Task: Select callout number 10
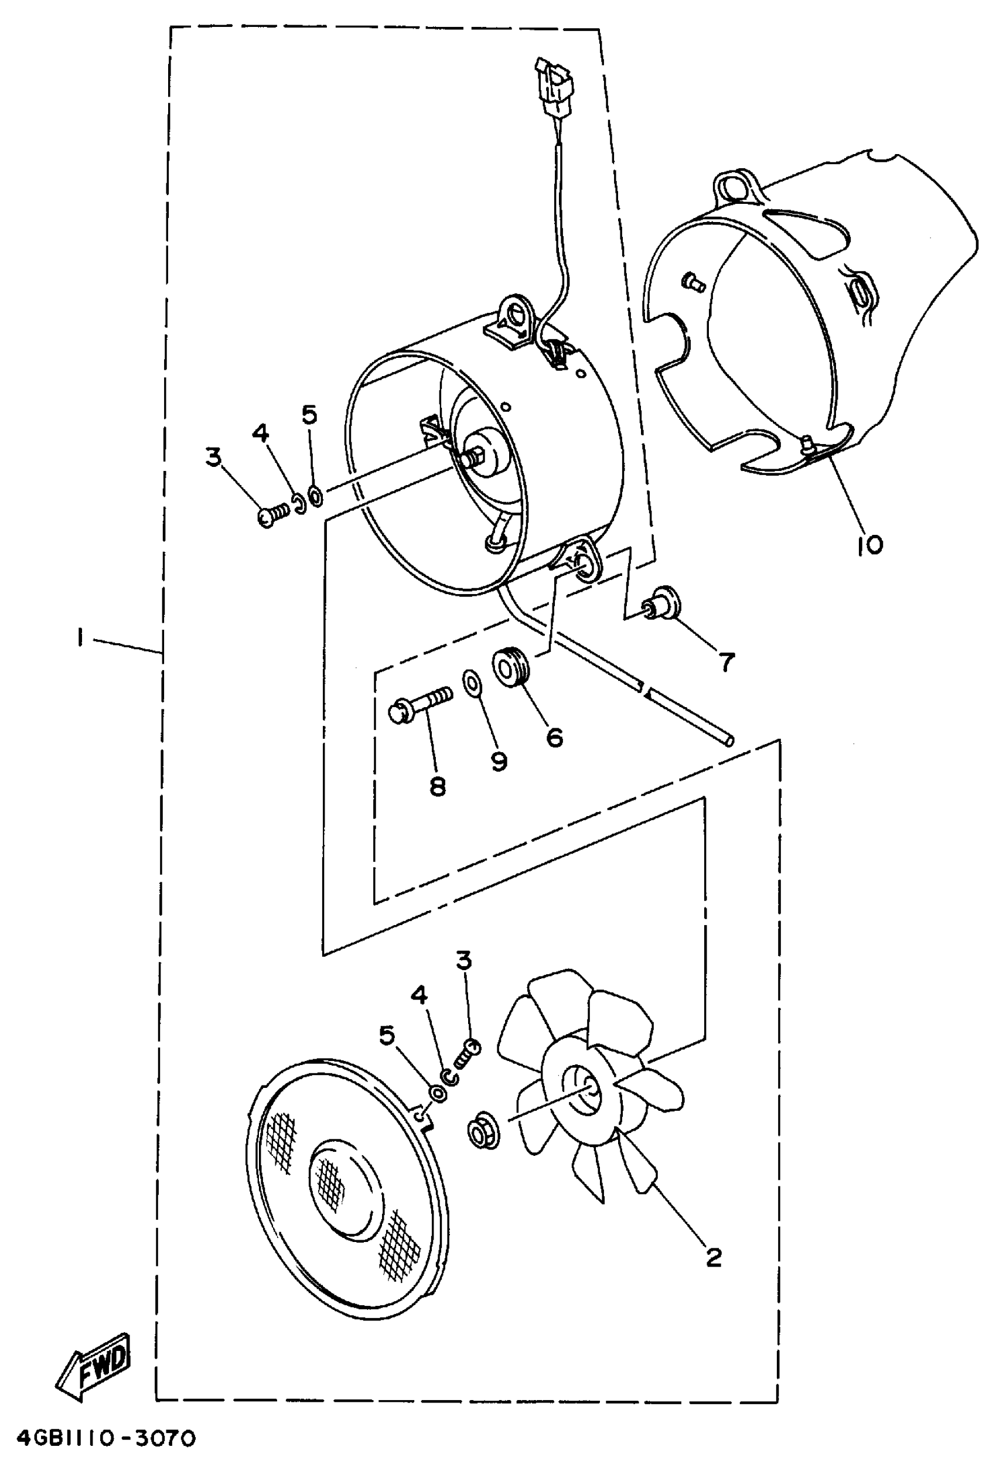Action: [869, 544]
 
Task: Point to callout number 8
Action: [437, 786]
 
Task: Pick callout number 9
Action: [499, 762]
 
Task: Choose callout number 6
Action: [554, 736]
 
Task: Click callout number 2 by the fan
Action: [713, 1257]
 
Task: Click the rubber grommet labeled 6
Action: [510, 667]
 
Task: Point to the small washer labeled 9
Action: [470, 681]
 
